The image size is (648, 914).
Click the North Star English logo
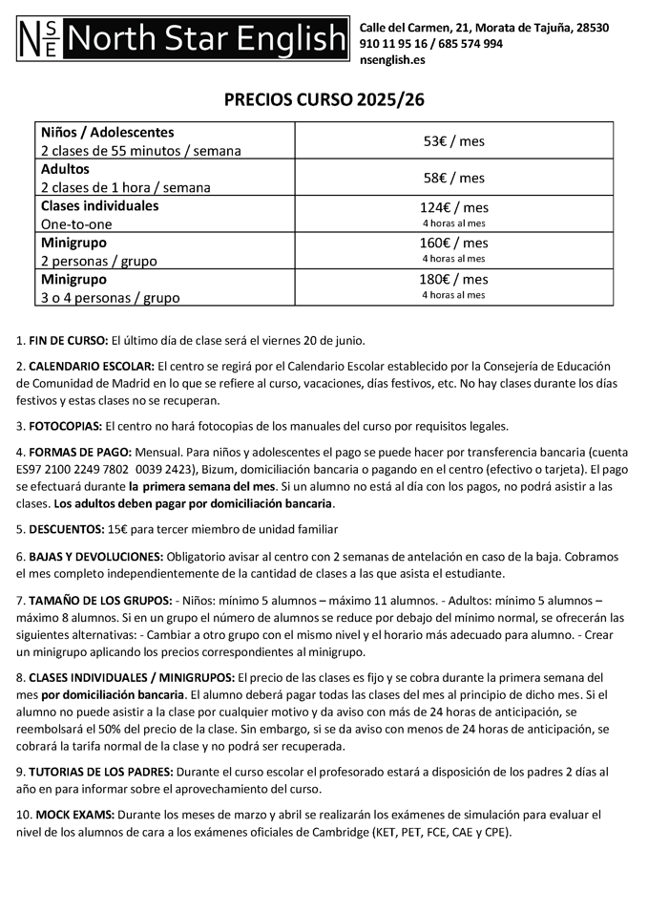(182, 39)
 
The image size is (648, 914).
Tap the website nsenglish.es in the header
(392, 59)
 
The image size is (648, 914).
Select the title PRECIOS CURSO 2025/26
(324, 100)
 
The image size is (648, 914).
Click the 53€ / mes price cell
(454, 140)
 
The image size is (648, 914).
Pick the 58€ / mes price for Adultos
(454, 178)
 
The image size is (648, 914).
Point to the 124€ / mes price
(454, 207)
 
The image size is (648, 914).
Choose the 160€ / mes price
(454, 243)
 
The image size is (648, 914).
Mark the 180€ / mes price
(454, 279)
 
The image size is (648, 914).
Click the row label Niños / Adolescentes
(107, 132)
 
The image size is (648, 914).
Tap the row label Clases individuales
(99, 205)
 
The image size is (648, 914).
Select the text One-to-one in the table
(76, 223)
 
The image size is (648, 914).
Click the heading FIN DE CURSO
(69, 340)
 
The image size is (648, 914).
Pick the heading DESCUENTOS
(68, 529)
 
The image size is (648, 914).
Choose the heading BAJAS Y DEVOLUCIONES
(95, 556)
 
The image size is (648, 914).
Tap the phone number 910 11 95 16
(389, 43)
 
